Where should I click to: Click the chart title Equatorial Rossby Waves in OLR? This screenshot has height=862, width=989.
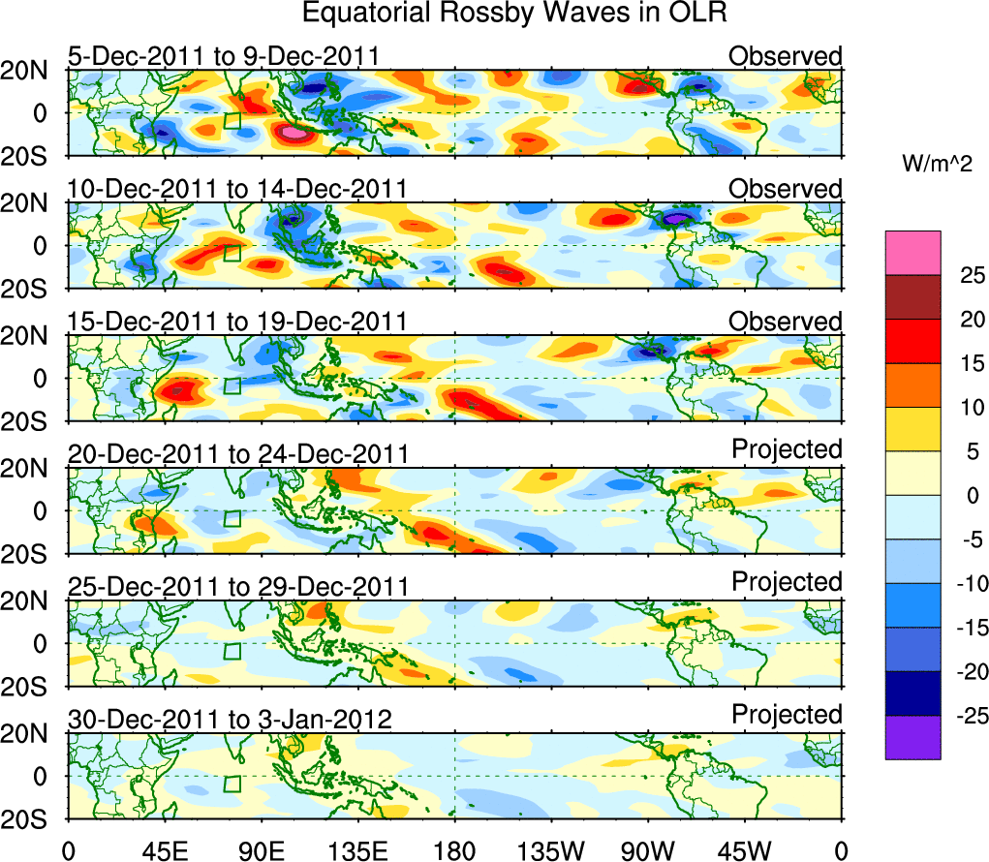click(x=513, y=15)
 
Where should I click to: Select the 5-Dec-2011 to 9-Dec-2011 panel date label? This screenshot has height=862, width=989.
click(x=223, y=56)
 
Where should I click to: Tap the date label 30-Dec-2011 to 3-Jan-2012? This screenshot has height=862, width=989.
click(x=230, y=720)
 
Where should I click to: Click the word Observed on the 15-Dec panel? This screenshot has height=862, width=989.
click(x=786, y=322)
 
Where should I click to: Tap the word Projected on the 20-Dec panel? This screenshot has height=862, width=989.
click(x=787, y=449)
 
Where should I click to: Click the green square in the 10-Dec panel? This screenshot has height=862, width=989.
click(x=232, y=253)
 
